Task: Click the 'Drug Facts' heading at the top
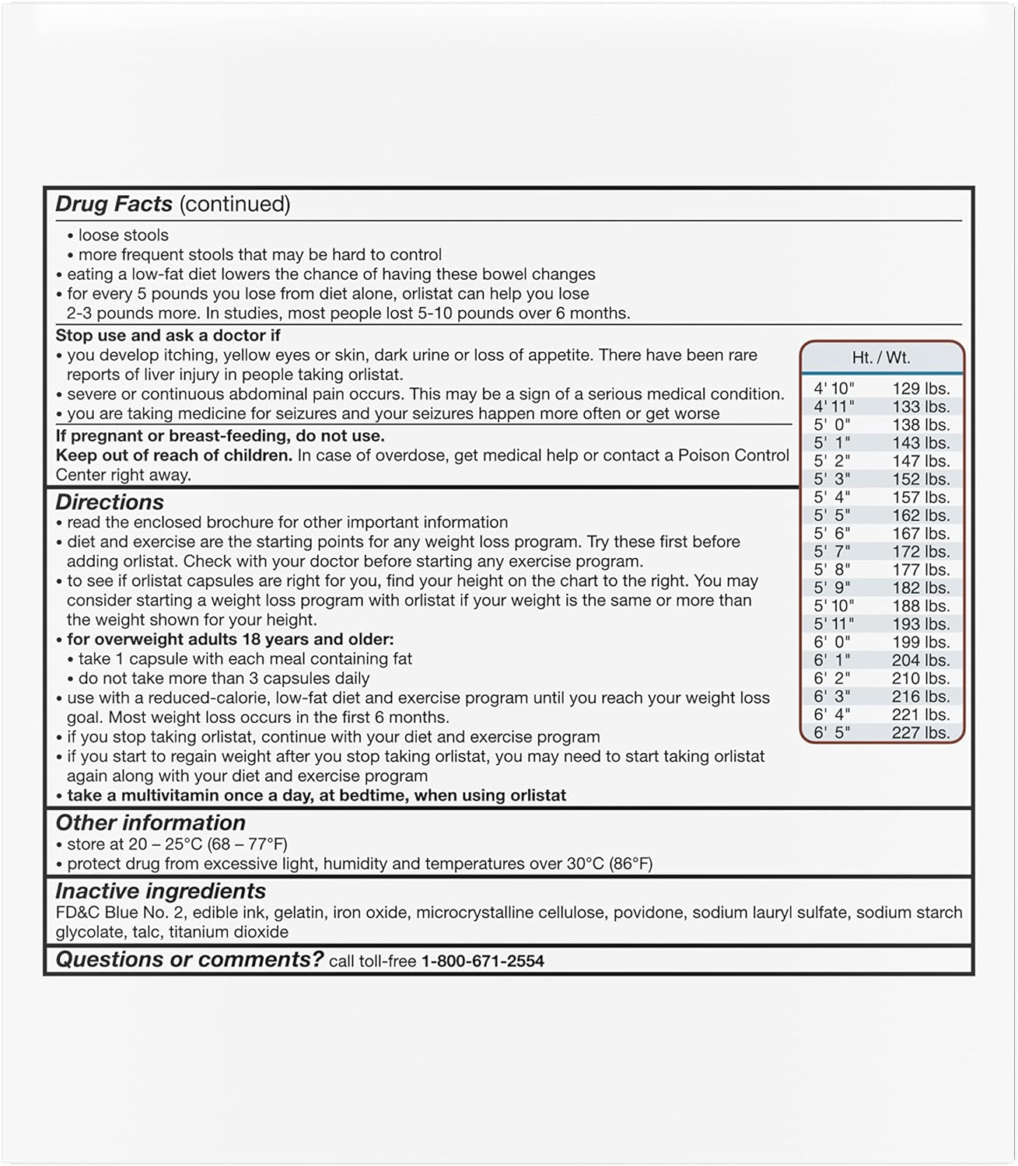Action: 114,204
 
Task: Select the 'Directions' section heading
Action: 110,502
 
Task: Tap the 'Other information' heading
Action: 150,822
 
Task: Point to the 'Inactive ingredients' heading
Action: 160,891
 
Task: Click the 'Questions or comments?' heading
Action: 189,960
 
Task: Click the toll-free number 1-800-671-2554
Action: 482,962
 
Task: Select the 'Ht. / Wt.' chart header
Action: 881,358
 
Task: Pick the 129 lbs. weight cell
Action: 921,389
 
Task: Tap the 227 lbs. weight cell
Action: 921,733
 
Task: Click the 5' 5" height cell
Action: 832,515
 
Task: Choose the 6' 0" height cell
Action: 832,642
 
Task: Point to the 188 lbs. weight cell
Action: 921,606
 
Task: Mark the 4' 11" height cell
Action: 834,407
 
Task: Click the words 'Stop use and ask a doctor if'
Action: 168,336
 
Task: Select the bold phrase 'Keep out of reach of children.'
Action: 174,456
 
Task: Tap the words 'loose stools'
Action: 123,236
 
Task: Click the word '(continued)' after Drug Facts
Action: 235,204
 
